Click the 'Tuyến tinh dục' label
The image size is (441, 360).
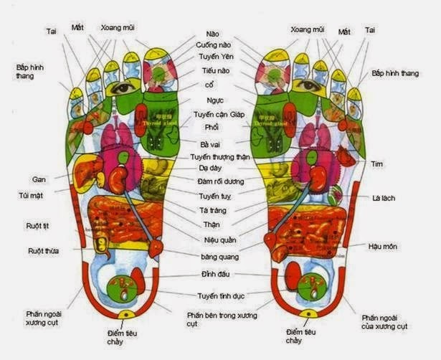221,295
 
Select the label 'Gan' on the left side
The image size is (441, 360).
39,179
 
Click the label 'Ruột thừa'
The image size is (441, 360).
43,251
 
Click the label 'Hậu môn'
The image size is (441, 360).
383,247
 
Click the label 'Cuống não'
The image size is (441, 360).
213,45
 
